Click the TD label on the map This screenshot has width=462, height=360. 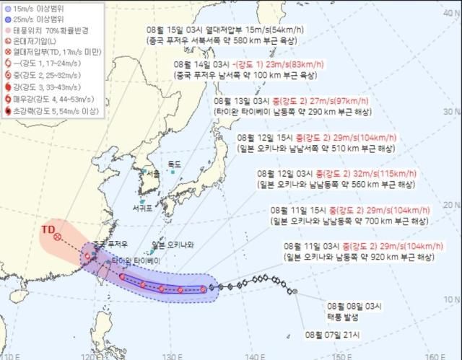[x=48, y=229]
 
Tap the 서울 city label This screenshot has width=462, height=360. [x=152, y=174]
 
